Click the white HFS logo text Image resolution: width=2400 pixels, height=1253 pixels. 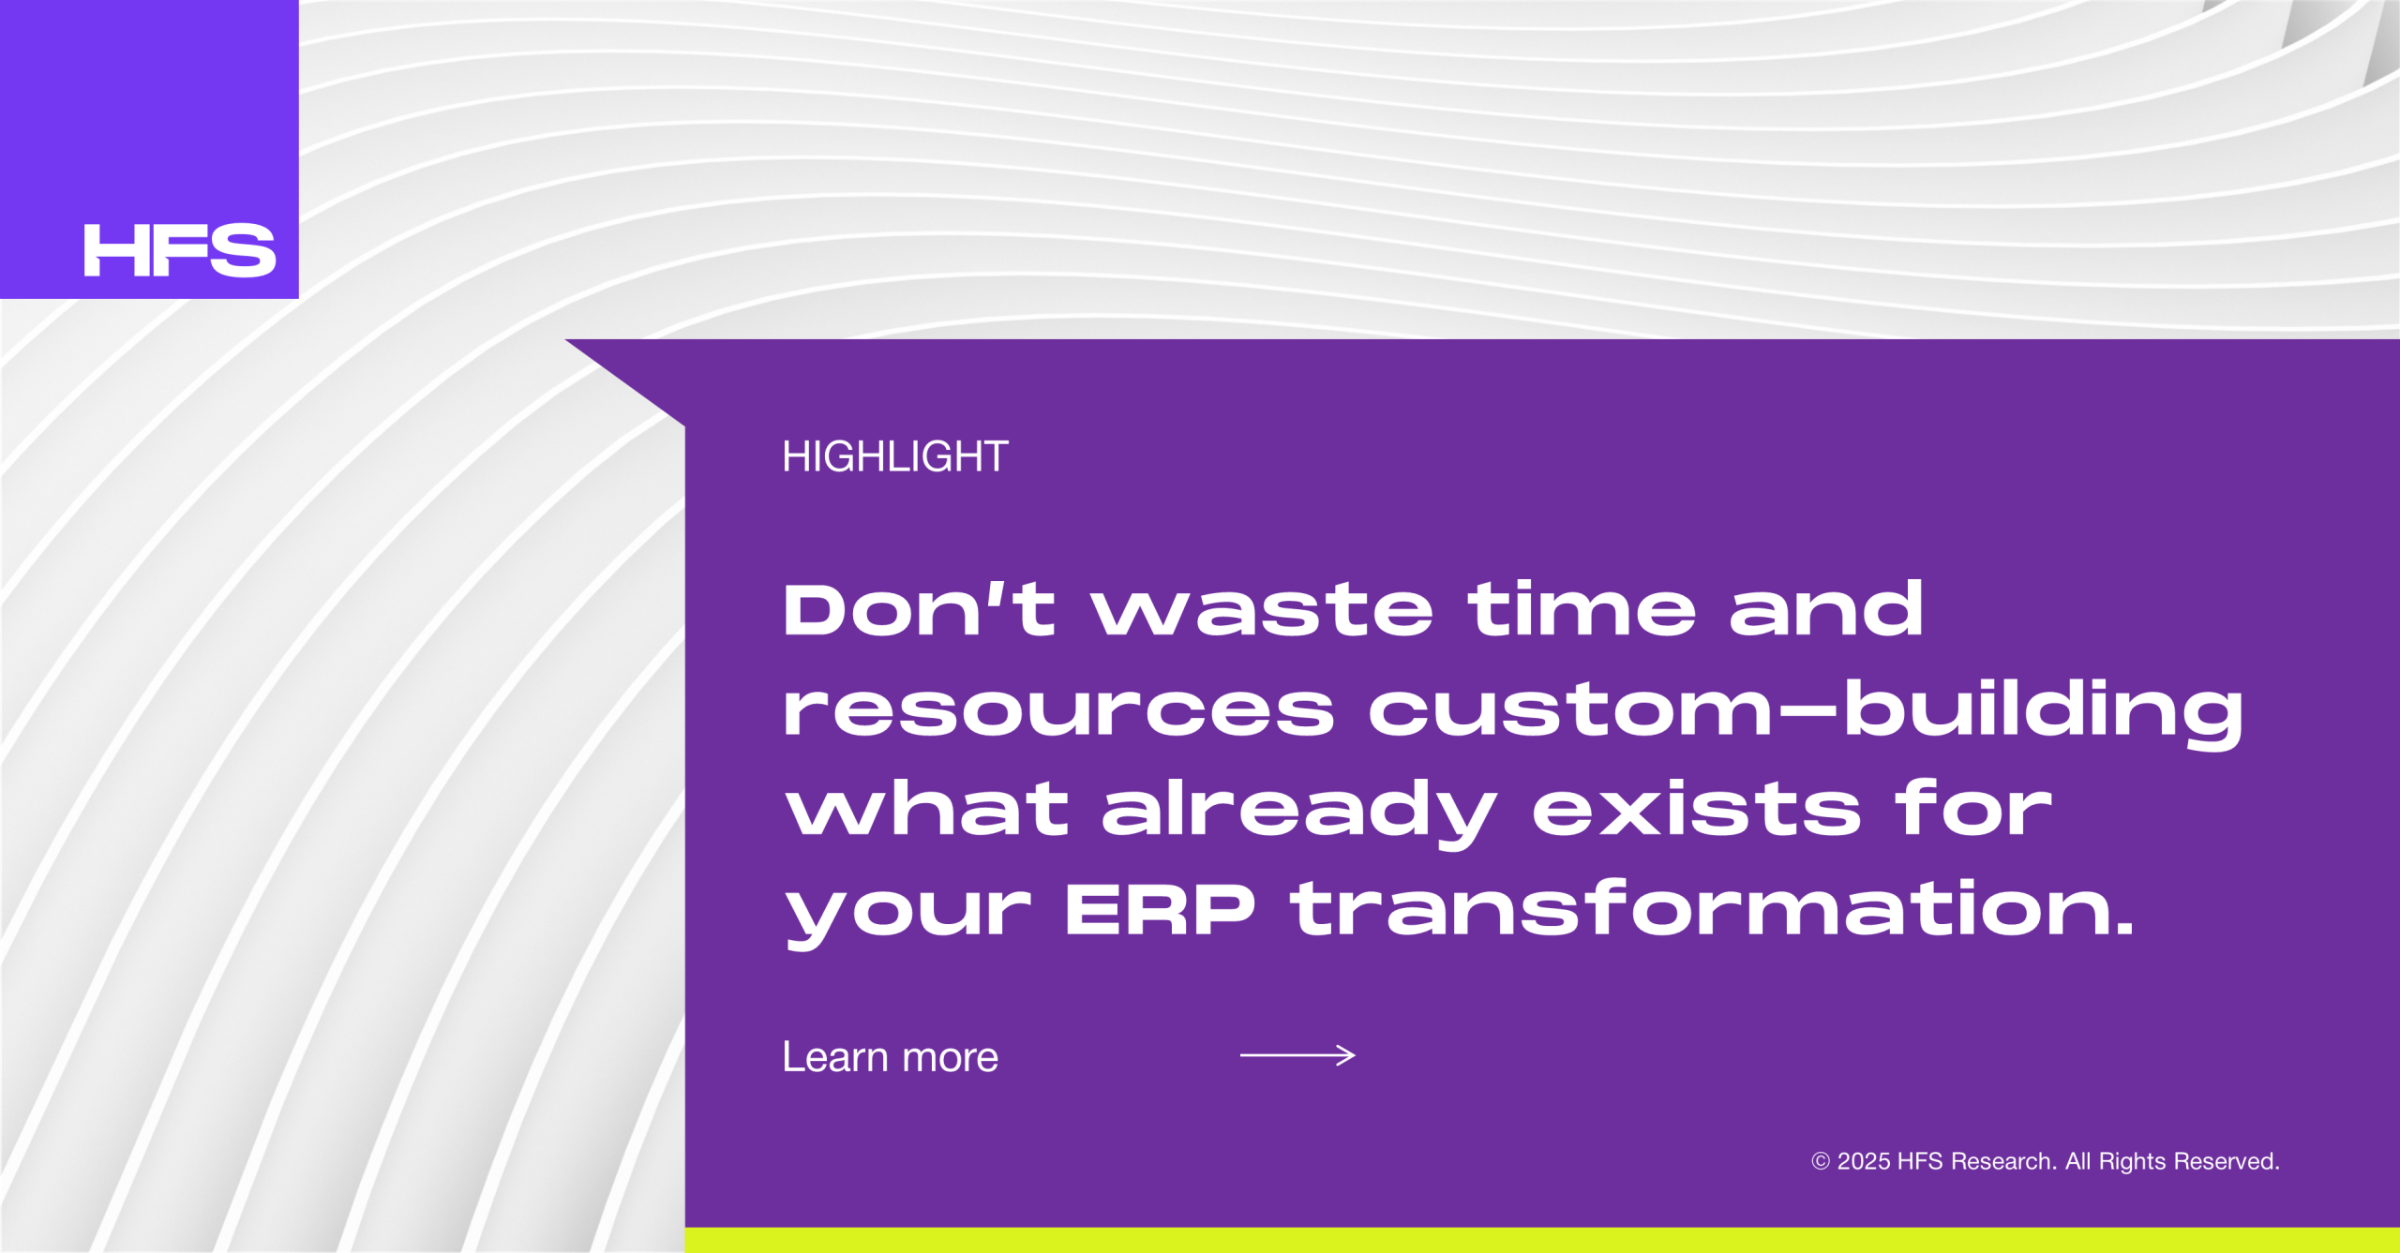(180, 250)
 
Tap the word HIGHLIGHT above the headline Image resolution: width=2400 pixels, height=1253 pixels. (895, 457)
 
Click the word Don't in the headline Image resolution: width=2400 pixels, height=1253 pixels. (920, 609)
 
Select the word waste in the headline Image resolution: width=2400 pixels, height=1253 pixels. (1262, 611)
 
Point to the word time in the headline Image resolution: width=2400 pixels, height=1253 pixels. (1582, 609)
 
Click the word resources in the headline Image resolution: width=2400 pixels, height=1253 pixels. (1058, 710)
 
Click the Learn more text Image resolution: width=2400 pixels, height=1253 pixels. (891, 1057)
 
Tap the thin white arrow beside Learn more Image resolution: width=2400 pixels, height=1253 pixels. (1297, 1055)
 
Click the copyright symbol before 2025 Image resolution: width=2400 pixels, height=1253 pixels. (1821, 1162)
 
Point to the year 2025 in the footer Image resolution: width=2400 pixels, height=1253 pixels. (1864, 1162)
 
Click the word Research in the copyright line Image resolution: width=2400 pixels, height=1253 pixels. (2003, 1162)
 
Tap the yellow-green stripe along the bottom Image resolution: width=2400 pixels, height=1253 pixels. (1542, 1240)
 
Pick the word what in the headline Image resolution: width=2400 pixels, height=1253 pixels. (927, 808)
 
